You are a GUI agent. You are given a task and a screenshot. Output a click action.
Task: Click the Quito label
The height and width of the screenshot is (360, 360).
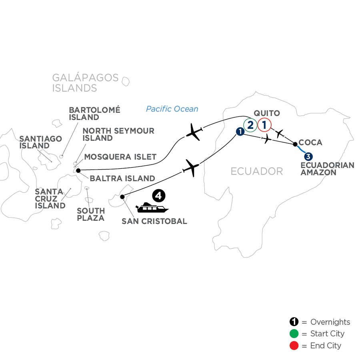tap(267, 113)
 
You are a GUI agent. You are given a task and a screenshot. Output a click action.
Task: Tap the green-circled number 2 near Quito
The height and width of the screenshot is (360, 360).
tap(250, 125)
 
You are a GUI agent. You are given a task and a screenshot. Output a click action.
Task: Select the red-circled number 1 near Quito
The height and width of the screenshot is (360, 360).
tap(264, 125)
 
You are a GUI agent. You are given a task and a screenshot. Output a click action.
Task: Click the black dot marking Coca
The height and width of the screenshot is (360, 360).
tap(295, 144)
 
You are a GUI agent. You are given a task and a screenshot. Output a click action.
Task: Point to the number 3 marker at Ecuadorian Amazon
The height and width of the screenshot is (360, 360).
tap(308, 157)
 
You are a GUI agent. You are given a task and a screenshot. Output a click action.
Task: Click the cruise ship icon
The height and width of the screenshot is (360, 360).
tap(152, 208)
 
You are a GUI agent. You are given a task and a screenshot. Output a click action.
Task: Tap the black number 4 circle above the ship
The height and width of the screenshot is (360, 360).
tap(158, 196)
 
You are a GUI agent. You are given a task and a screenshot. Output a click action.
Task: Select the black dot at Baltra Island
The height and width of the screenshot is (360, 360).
tap(78, 170)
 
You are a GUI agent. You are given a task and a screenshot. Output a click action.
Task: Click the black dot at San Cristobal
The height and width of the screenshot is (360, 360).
tap(122, 197)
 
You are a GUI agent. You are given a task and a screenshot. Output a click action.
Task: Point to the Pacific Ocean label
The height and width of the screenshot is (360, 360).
tap(172, 109)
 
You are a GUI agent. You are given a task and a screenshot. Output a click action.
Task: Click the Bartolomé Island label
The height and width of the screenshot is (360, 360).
tap(94, 114)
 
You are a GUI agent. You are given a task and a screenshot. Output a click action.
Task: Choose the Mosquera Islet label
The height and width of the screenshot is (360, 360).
tap(120, 157)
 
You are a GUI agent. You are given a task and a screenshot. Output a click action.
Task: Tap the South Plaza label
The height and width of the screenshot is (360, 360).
tap(91, 214)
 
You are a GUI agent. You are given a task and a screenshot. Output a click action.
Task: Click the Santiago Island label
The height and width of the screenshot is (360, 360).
tap(41, 142)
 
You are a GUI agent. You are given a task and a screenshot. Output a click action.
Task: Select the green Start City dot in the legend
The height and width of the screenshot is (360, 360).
tap(294, 334)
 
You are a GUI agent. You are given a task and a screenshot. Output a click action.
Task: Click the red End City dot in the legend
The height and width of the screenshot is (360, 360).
tap(294, 346)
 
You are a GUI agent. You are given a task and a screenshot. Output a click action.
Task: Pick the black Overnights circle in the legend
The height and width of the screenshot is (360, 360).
tap(294, 322)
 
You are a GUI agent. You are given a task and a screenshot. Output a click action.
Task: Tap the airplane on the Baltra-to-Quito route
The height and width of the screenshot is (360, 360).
tap(194, 132)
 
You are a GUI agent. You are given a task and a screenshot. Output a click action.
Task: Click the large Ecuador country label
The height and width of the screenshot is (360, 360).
tap(257, 171)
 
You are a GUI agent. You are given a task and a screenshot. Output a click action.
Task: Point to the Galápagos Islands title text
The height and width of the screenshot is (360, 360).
tap(85, 83)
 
